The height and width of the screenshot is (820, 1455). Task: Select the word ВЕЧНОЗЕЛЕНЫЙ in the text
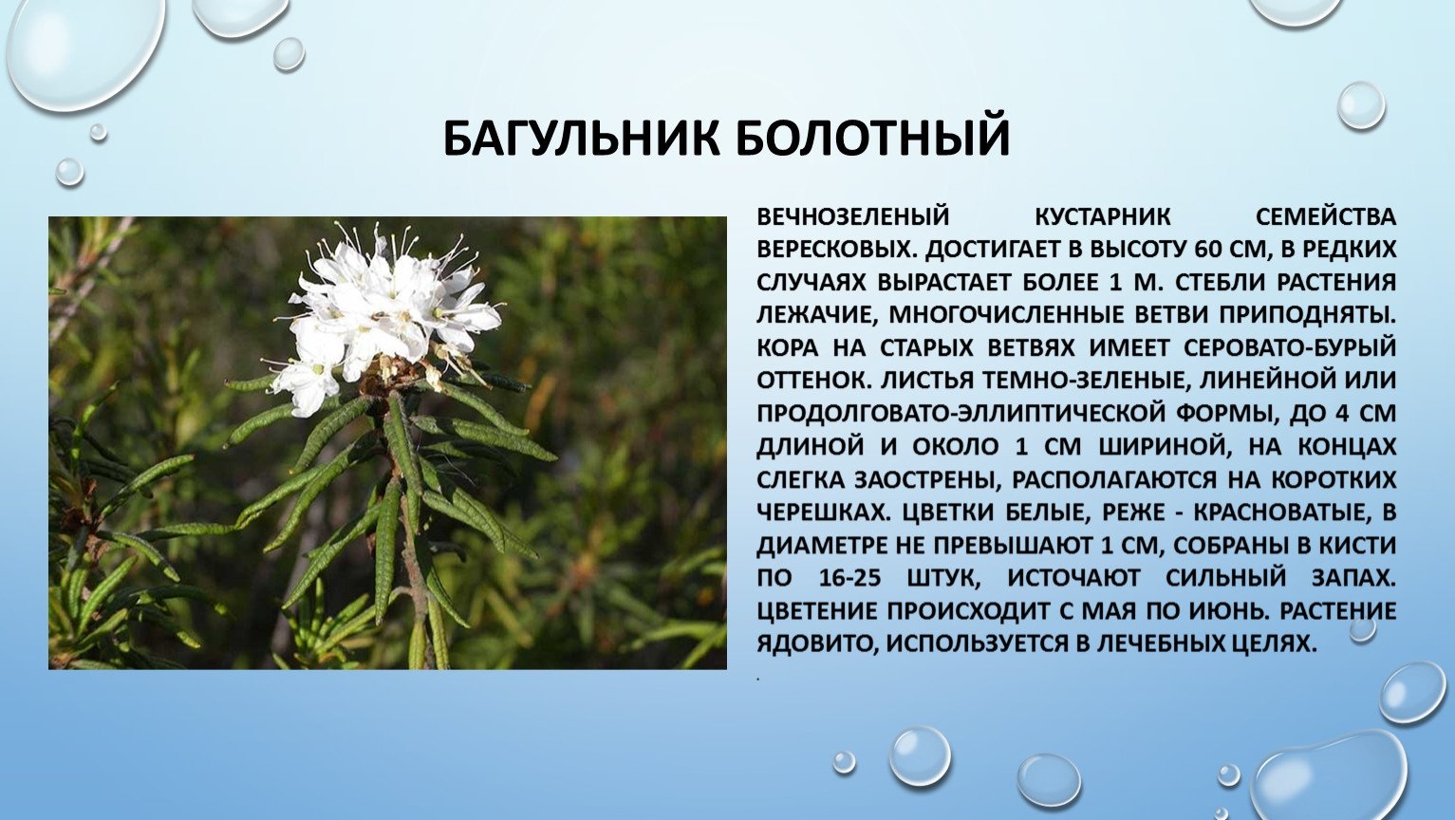pos(853,216)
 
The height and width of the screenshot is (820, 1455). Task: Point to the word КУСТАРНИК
pos(1103,216)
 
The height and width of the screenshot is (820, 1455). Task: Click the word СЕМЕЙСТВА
pos(1326,216)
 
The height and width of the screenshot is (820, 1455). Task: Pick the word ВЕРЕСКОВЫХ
pos(837,250)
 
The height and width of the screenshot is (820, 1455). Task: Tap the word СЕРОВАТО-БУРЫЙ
pos(1290,348)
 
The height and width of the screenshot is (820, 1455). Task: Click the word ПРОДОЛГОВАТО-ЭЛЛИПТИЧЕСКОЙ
pos(954,414)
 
